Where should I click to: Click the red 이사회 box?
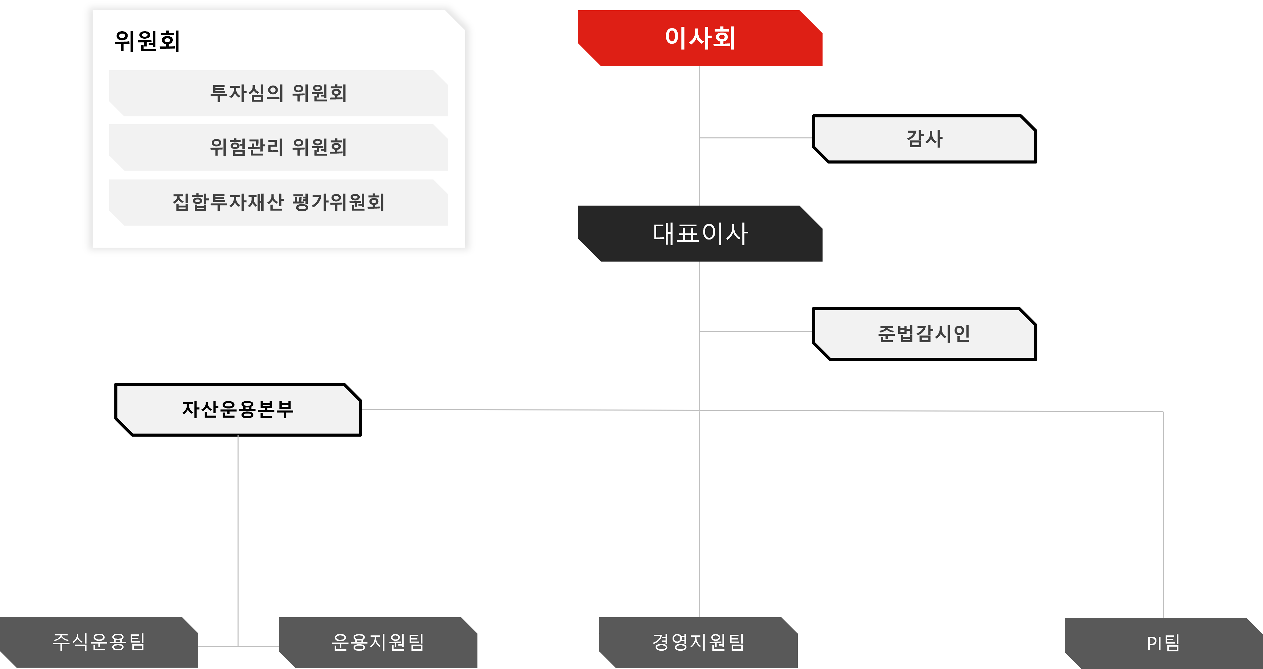click(700, 38)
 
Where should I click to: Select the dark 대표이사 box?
click(700, 233)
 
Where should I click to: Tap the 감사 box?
click(924, 139)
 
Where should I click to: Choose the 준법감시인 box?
click(924, 334)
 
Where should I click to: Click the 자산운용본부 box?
click(238, 409)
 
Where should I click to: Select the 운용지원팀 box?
click(378, 642)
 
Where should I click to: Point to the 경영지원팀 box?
click(698, 642)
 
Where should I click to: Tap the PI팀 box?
click(1163, 643)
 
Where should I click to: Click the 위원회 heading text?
click(147, 41)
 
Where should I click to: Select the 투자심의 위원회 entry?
click(279, 93)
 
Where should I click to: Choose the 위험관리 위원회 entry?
click(279, 147)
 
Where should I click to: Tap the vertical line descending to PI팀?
click(1163, 515)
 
